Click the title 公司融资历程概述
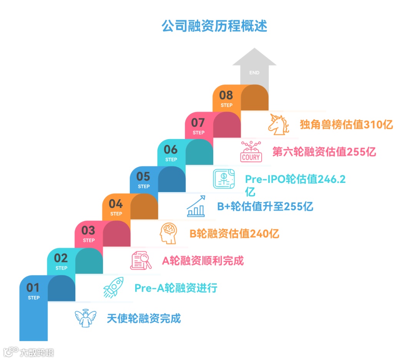coord(214,27)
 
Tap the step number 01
coord(33,287)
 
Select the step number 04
coord(116,204)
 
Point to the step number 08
coord(226,95)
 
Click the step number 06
coord(171,149)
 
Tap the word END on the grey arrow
coord(254,73)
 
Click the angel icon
coord(85,319)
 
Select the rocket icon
coord(113,287)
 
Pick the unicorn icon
coord(279,124)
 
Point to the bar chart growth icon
coord(196,206)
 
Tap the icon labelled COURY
coord(251,152)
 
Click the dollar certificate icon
coord(223,179)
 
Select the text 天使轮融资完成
coord(144,319)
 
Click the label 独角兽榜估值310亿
coord(346,124)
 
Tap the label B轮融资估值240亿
coord(234,234)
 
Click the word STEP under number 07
coord(199,133)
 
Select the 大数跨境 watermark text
coord(37,352)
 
